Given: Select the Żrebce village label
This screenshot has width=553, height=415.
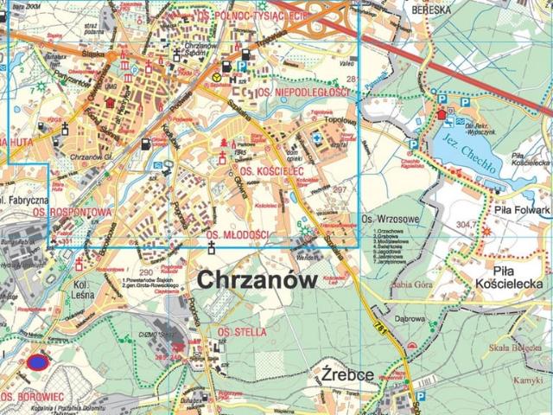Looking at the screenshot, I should [346, 375].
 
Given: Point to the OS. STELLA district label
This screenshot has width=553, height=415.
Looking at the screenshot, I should [242, 332].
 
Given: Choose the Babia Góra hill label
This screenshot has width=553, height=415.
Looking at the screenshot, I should [411, 283].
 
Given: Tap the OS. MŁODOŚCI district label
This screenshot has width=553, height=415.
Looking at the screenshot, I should [238, 235].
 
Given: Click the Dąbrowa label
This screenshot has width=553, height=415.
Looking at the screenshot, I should [410, 317].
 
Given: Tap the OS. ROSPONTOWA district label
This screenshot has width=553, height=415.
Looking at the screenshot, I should [57, 211].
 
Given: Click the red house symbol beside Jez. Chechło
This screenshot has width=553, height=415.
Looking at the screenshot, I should [443, 113].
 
